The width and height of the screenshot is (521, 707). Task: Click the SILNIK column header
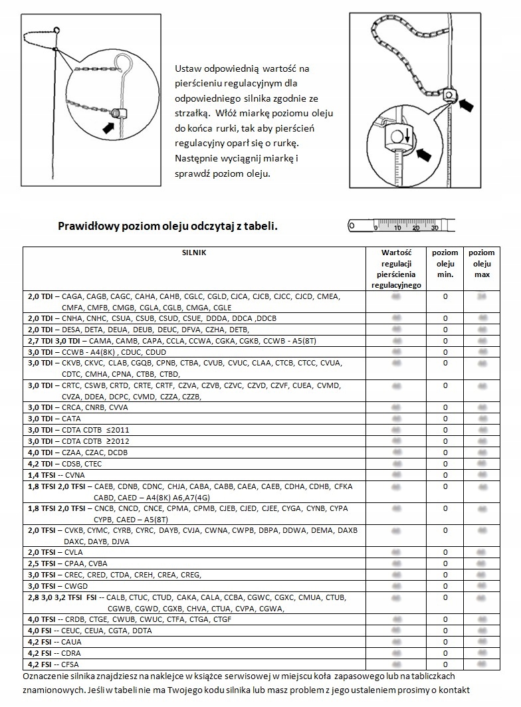click(x=195, y=253)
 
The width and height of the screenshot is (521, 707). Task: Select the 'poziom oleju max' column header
click(x=481, y=264)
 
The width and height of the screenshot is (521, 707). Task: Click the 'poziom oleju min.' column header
click(x=445, y=264)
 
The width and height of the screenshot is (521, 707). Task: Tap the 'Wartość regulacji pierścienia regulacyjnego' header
click(x=396, y=268)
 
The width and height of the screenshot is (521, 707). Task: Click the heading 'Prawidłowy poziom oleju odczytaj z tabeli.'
click(x=167, y=226)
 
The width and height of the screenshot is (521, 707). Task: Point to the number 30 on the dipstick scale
click(x=434, y=228)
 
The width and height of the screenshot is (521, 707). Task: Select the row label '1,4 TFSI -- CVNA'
click(x=56, y=475)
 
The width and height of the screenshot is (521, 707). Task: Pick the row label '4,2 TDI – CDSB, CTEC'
click(x=64, y=464)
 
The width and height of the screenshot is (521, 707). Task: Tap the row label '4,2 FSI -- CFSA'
click(x=53, y=664)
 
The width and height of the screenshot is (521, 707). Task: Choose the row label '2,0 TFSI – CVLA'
click(x=56, y=552)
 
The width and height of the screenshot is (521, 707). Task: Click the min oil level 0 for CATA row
click(x=445, y=419)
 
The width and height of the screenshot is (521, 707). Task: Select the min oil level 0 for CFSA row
click(x=445, y=664)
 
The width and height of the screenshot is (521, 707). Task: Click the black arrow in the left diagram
click(x=106, y=124)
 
